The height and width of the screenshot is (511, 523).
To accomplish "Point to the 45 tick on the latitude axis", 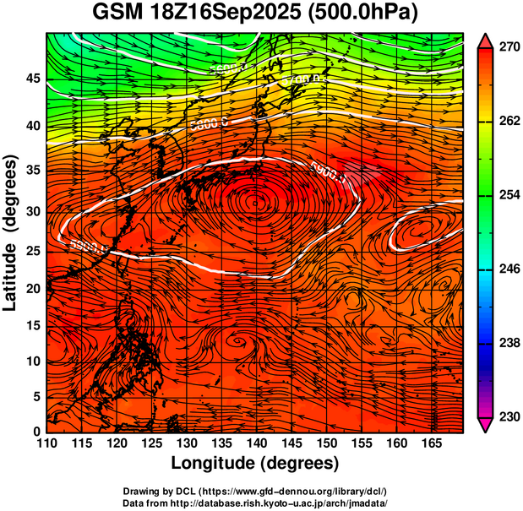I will coord(33,78).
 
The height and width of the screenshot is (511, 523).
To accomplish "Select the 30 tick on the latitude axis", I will coord(33,211).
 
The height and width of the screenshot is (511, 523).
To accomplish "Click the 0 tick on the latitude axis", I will coord(37,431).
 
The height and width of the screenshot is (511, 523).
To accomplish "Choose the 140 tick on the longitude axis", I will coord(256,443).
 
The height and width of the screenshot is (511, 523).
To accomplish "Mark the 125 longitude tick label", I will coord(151,443).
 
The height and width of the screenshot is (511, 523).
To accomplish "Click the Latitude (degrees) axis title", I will coord(12,232).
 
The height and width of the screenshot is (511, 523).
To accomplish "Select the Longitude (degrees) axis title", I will coord(255,463).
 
